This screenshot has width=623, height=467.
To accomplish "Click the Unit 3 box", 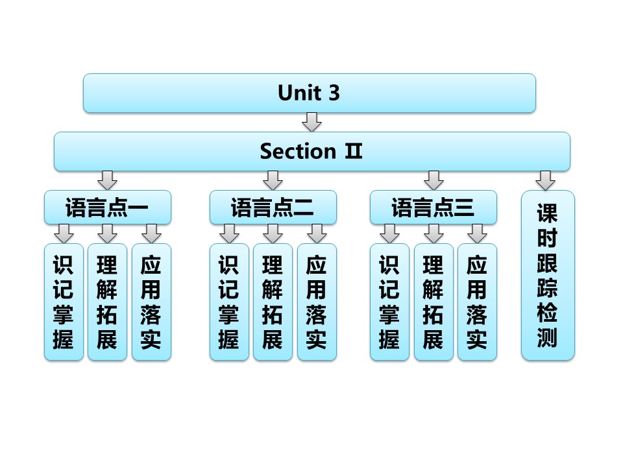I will tap(309, 93).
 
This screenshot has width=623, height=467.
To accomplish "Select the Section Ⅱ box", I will tap(311, 152).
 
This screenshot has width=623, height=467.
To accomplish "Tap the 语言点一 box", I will tap(108, 208).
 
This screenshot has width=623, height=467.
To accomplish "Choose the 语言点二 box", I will tap(273, 208).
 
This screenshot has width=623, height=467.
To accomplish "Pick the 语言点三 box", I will tap(433, 208).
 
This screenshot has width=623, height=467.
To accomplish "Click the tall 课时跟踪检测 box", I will tap(548, 275).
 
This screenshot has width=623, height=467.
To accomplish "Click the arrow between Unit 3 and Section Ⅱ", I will tap(312, 121).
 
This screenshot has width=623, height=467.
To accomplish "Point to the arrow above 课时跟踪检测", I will tap(546, 180).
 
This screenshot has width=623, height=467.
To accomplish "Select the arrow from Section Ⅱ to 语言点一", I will tap(108, 180).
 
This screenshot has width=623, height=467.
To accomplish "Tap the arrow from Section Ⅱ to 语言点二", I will tap(273, 180).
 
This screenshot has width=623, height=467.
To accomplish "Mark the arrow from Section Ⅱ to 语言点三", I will tap(434, 180).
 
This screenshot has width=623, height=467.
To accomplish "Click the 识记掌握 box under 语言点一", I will tap(64, 302).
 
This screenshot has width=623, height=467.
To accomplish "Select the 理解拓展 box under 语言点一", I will tap(107, 302).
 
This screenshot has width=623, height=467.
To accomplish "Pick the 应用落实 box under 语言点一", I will tap(151, 302).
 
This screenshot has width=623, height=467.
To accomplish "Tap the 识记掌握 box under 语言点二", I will tap(229, 302).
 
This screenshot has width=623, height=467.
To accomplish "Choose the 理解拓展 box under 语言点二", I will tap(273, 302).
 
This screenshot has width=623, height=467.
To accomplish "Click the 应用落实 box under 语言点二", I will tap(317, 302).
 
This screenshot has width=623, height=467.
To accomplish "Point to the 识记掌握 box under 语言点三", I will tap(389, 302).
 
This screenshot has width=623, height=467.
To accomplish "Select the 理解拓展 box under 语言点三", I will tap(434, 302).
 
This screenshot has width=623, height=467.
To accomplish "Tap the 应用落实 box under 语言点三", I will tap(477, 302).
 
